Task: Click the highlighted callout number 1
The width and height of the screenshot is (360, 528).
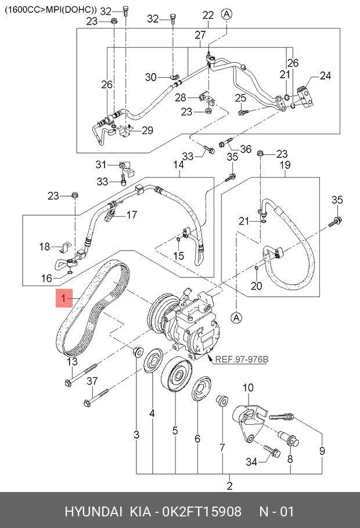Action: pyautogui.click(x=64, y=298)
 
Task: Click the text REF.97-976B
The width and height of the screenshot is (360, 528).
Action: pyautogui.click(x=242, y=359)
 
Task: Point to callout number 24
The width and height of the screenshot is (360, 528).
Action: pyautogui.click(x=325, y=75)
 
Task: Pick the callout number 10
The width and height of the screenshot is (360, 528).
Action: pyautogui.click(x=248, y=388)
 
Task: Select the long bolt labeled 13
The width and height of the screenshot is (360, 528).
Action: pyautogui.click(x=80, y=374)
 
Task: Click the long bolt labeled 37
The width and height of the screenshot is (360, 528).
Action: pyautogui.click(x=96, y=397)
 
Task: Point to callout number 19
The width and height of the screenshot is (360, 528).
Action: pyautogui.click(x=285, y=165)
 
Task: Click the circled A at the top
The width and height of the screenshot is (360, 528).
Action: pyautogui.click(x=227, y=14)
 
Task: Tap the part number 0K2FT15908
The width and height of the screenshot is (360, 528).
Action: pyautogui.click(x=202, y=511)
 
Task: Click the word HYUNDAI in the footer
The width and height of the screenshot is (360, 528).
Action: pyautogui.click(x=93, y=511)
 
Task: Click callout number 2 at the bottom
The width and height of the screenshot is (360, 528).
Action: pyautogui.click(x=229, y=486)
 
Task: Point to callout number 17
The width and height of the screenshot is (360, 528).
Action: pyautogui.click(x=131, y=215)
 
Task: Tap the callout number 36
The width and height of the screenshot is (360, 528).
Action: pyautogui.click(x=246, y=149)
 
